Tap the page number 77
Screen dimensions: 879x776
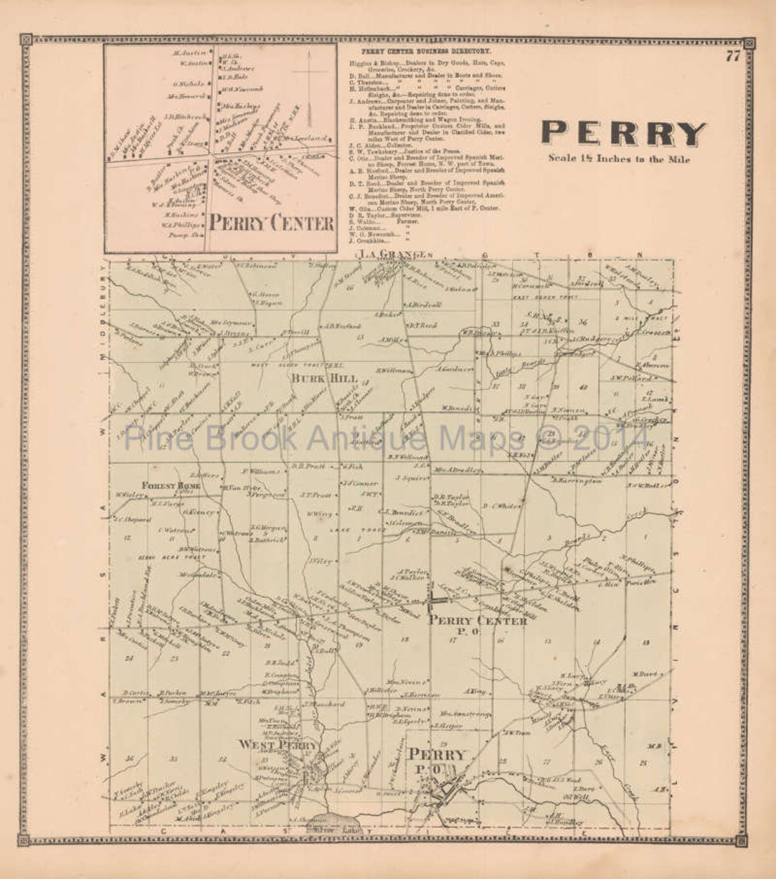pos(733,57)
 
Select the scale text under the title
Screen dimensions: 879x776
pos(619,159)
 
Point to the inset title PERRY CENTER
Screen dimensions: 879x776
pos(272,223)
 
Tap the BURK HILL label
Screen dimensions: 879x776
pos(324,378)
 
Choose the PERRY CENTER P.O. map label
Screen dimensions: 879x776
pos(478,622)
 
